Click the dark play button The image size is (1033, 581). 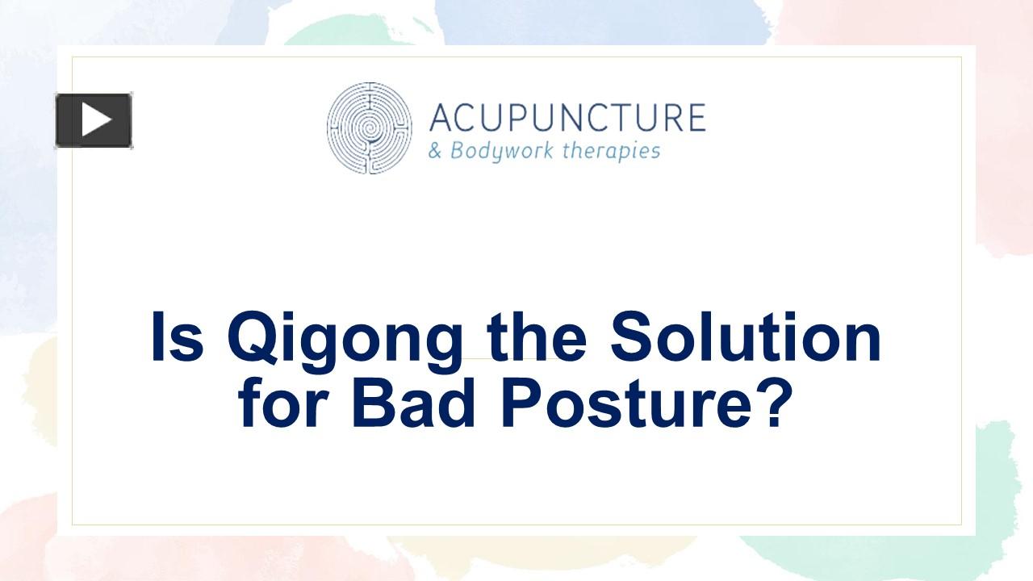(x=94, y=121)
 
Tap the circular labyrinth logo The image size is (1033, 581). (x=369, y=127)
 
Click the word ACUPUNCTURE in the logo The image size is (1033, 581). (x=567, y=118)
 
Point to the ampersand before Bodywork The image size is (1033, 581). (x=435, y=151)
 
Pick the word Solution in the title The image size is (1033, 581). (x=745, y=338)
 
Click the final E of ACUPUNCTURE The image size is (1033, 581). (x=695, y=118)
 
